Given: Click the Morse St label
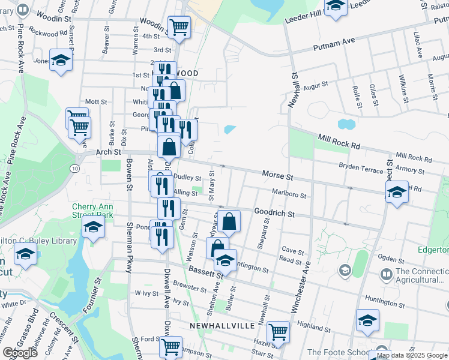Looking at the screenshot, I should (x=277, y=176).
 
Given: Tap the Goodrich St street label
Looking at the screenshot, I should (x=274, y=213).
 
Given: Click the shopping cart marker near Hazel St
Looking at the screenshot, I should (x=278, y=331).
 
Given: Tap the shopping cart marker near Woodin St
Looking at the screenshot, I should (x=179, y=26).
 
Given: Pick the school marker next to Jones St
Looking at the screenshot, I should (x=61, y=61).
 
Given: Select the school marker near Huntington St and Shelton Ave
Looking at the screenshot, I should (x=225, y=260).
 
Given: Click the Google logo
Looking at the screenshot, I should (x=20, y=353).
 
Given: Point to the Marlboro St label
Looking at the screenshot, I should (x=289, y=195).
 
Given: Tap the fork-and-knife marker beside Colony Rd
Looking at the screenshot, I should (x=185, y=128).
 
